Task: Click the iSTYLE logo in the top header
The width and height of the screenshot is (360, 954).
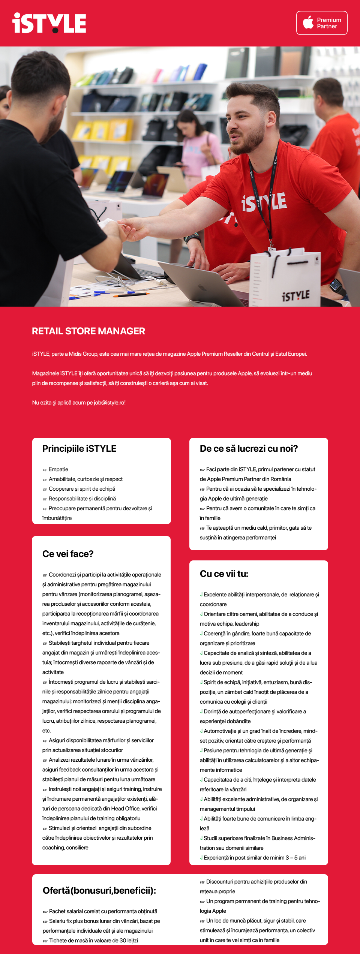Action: point(49,23)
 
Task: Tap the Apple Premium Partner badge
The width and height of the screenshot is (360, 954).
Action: point(322,23)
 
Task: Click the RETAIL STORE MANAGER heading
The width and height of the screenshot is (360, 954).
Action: point(88,331)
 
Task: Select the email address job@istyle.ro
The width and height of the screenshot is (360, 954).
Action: point(109,403)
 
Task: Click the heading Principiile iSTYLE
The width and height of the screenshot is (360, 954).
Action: point(79,449)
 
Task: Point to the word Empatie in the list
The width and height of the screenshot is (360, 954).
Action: point(58,469)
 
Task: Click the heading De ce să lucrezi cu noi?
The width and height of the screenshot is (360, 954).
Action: point(249,449)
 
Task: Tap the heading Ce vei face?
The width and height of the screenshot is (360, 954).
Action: point(68,554)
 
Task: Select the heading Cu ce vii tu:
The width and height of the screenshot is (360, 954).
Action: point(224,574)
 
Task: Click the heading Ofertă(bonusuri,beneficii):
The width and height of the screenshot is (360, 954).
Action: point(99,891)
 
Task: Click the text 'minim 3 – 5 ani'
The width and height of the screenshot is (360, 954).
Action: point(287,858)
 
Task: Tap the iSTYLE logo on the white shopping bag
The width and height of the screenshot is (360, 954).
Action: point(295,296)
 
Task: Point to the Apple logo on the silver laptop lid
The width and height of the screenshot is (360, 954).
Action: point(202,288)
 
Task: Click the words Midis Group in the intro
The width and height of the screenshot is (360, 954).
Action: point(82,354)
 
